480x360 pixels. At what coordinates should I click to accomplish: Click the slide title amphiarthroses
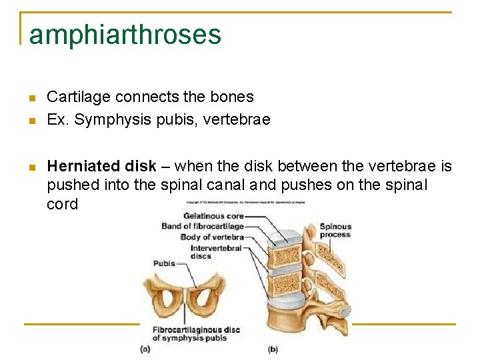coord(125,35)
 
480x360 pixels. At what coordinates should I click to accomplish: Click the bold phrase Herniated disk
coord(102,166)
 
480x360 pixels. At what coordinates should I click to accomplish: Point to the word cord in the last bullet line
coord(62,204)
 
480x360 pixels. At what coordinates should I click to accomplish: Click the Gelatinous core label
coord(213,216)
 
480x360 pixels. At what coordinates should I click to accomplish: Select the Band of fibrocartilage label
coord(202,227)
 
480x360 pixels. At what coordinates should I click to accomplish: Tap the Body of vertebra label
coord(211,237)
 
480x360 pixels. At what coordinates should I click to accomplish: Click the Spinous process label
coord(335,231)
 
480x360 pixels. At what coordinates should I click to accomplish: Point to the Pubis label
coord(164,263)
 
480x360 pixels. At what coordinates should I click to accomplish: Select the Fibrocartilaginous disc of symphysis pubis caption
coord(195,334)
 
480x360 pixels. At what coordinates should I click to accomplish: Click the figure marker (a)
coord(145,349)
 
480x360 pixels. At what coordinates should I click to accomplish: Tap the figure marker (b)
coord(272,349)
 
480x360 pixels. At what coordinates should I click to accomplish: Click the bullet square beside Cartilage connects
coord(31,98)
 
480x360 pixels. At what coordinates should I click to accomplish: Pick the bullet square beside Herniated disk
coord(31,167)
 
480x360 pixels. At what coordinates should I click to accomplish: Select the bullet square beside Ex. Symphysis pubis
coord(31,121)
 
